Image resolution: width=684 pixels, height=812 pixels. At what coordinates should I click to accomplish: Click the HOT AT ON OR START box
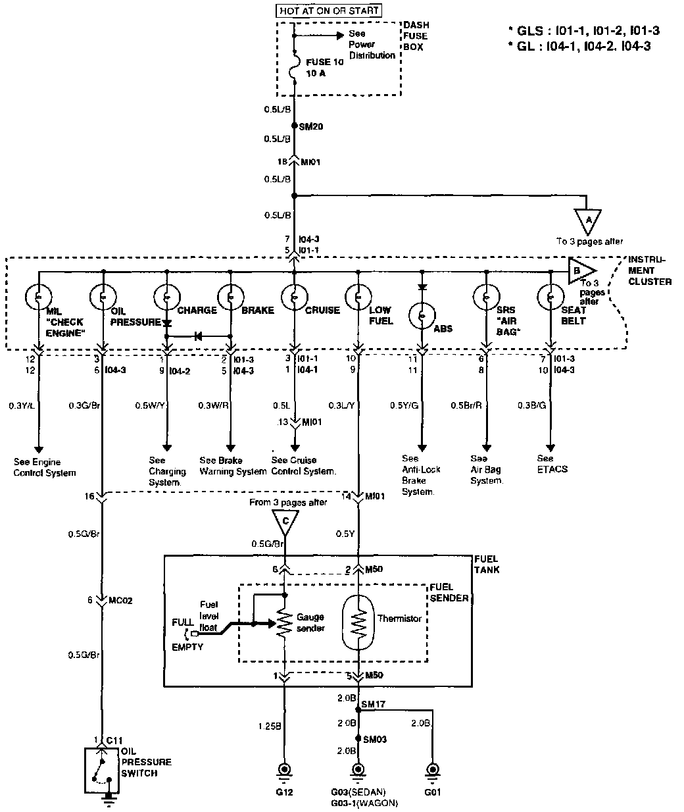pos(329,11)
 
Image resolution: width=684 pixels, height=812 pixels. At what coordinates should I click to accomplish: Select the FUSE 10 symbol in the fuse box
pos(295,67)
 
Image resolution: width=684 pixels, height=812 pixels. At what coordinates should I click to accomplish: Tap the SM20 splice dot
pos(295,126)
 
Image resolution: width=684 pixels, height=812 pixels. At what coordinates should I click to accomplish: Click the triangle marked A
pos(588,221)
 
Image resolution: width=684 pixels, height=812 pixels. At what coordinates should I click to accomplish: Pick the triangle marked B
pos(581,270)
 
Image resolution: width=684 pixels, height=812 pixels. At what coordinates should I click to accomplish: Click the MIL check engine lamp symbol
pos(38,297)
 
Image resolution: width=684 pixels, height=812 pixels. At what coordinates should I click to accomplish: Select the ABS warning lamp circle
pos(422,316)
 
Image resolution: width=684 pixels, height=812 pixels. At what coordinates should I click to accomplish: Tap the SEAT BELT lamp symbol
pos(550,297)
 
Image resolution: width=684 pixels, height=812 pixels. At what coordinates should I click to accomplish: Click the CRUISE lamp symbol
pos(295,297)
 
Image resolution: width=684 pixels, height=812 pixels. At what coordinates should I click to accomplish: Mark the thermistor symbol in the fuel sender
pos(358,622)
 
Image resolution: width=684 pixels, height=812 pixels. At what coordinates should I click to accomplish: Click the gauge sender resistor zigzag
pos(285,623)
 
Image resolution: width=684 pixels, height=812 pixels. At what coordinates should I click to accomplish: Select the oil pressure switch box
pos(102,771)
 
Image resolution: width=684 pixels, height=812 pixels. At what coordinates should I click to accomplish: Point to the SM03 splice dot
pos(358,738)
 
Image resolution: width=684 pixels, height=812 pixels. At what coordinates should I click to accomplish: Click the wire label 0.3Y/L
pos(22,406)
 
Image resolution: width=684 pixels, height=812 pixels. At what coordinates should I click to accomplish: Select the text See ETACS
pos(552,464)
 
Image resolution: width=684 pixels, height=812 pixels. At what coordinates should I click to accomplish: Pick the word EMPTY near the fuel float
pos(187,647)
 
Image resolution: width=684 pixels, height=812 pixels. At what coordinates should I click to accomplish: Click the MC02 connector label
pos(120,600)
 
